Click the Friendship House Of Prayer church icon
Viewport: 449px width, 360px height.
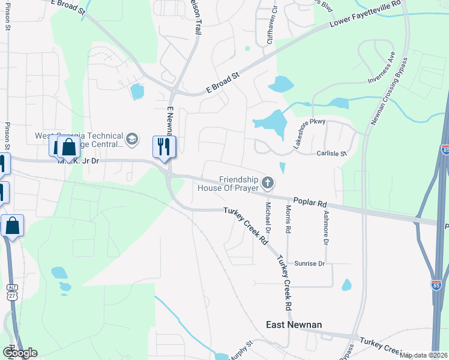[x=268, y=182]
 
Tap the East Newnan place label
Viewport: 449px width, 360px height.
[x=294, y=325]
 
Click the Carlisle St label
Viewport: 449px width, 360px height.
[x=331, y=154]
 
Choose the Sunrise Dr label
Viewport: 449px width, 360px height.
[x=309, y=263]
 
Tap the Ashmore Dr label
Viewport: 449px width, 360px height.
[x=326, y=227]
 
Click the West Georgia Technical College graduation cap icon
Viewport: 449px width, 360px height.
[x=131, y=140]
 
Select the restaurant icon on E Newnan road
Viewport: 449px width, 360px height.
[x=163, y=146]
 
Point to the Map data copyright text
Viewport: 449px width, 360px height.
[x=424, y=355]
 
